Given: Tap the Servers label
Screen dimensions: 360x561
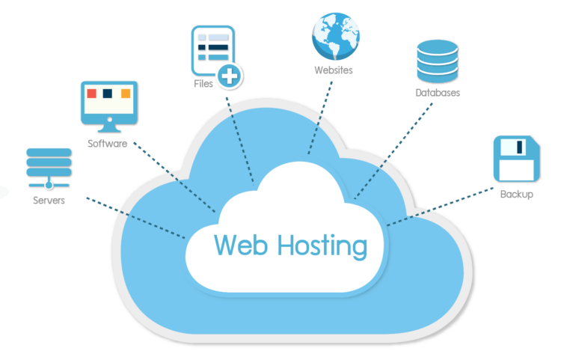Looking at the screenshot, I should (x=49, y=201).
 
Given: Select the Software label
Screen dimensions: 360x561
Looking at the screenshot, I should (x=107, y=143).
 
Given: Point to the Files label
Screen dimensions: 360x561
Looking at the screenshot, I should (x=203, y=84).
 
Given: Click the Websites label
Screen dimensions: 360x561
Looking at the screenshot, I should (x=334, y=70).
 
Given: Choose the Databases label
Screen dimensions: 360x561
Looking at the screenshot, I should (x=438, y=94).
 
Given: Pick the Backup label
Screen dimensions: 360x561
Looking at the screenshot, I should (x=517, y=195).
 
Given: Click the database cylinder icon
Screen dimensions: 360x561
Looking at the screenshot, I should (x=437, y=61).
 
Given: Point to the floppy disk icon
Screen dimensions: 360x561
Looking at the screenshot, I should (x=516, y=158).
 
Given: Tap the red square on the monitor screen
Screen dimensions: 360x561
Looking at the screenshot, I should (x=92, y=94).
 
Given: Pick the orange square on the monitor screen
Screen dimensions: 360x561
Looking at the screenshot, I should (x=126, y=94).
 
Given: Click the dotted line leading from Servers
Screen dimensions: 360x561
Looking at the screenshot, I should (x=135, y=218).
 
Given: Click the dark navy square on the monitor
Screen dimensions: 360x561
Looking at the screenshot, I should (x=108, y=94).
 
